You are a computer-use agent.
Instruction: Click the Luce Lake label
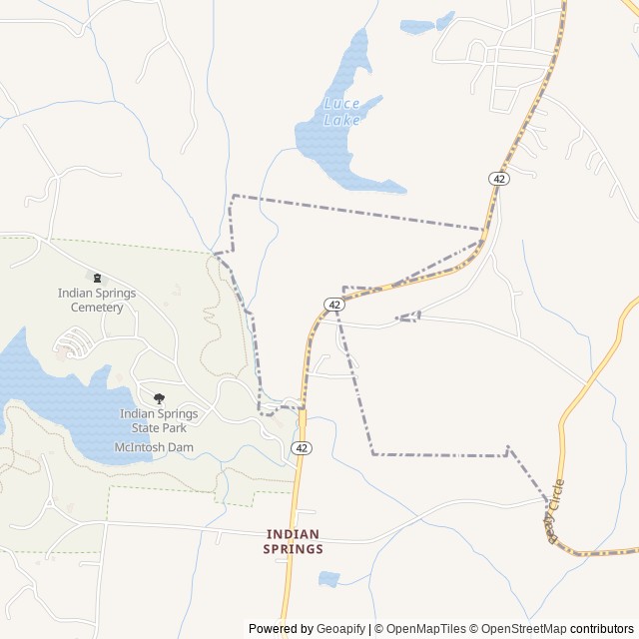click(341, 112)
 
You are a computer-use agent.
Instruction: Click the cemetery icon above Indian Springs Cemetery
click(97, 278)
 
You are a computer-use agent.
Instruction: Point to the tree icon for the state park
click(159, 398)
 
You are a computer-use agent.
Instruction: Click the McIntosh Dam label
click(154, 447)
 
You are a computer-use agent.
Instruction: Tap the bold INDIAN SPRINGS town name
click(294, 541)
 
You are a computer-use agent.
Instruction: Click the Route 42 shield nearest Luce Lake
click(499, 178)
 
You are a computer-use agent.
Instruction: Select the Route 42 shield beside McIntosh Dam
click(302, 448)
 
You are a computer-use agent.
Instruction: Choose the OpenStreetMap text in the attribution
click(523, 629)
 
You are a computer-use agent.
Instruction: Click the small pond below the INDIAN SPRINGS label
click(328, 578)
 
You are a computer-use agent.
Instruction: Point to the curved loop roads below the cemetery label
click(74, 345)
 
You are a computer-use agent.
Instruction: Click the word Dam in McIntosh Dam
click(181, 447)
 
